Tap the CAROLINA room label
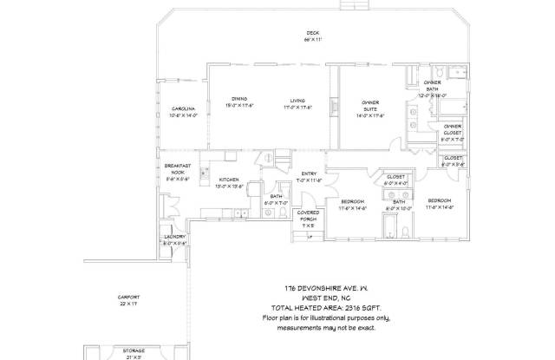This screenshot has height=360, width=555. (x=183, y=109)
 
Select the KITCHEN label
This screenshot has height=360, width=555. (x=228, y=179)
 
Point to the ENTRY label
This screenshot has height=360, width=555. (x=309, y=174)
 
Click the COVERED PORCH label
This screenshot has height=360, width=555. (x=309, y=215)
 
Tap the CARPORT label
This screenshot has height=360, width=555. (x=127, y=297)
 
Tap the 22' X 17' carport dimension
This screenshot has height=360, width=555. (x=127, y=304)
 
